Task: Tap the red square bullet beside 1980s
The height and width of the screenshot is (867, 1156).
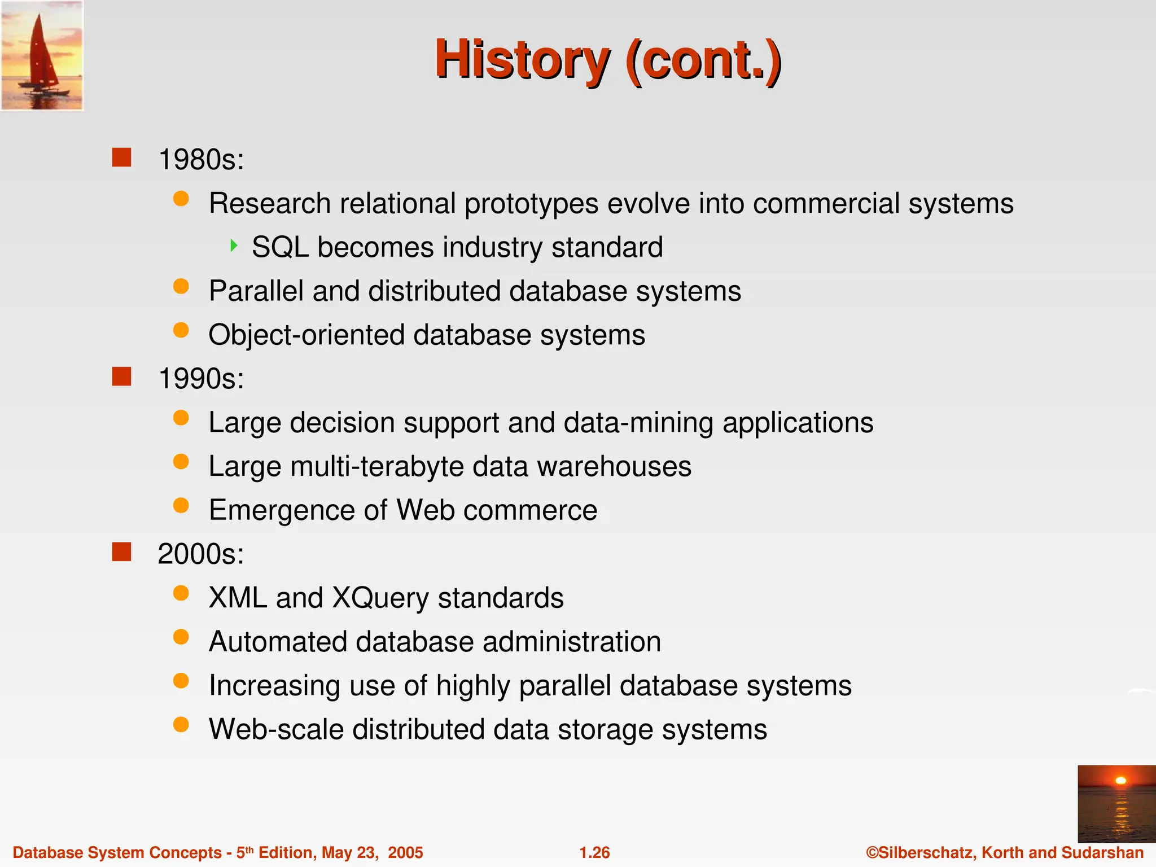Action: [x=121, y=157]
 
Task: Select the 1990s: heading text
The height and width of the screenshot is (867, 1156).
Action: [x=201, y=378]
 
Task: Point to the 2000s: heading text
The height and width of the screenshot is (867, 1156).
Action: [x=201, y=554]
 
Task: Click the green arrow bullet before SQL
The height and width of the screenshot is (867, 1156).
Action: [x=234, y=246]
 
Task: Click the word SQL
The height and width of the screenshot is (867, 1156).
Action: [x=280, y=247]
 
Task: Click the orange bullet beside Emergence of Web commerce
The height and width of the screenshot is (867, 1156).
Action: [x=181, y=505]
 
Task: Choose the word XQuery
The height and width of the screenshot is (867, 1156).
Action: [x=380, y=598]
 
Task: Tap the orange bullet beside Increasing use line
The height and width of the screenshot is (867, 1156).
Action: [x=181, y=681]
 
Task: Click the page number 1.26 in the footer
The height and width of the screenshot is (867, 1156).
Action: [x=594, y=852]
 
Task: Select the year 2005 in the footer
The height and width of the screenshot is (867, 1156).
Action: [x=405, y=852]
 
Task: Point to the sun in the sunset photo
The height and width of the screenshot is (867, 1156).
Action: [x=1120, y=781]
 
